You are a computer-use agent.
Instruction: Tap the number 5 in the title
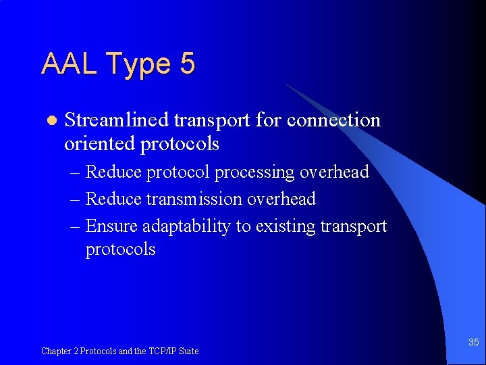187,64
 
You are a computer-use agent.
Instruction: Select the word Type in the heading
137,65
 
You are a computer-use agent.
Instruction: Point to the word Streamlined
116,120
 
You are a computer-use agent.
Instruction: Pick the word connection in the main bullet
333,120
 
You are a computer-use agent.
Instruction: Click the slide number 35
474,343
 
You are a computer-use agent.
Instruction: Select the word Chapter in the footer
57,351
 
